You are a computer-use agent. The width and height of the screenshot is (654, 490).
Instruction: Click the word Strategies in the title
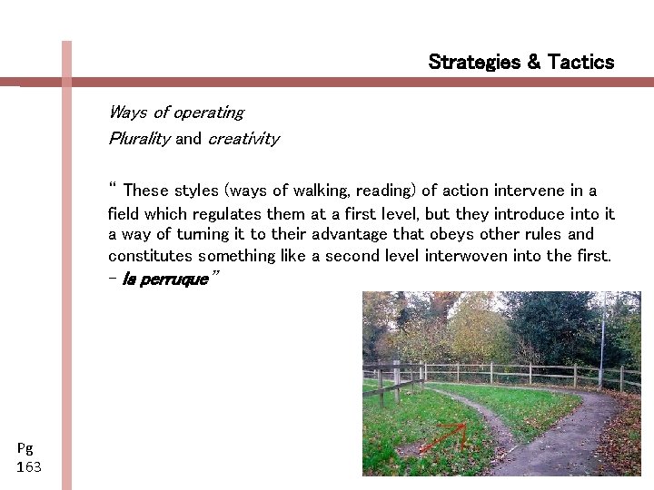[472, 63]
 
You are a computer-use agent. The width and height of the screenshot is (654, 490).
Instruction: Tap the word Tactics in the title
[580, 63]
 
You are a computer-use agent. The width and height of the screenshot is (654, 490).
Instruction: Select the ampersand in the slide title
[532, 63]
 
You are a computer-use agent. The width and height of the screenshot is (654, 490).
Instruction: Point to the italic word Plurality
[138, 140]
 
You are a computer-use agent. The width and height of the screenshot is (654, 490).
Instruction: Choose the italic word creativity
[243, 140]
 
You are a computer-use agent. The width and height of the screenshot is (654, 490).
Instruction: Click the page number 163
[29, 467]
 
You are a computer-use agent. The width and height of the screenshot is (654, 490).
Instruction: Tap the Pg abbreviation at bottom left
[25, 448]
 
